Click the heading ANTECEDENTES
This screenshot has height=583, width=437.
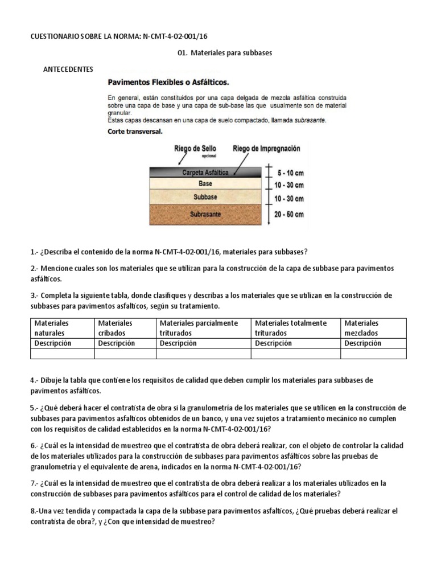coord(68,69)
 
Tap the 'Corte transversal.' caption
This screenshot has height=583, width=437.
coord(135,131)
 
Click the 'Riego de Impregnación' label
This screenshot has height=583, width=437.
coord(266,149)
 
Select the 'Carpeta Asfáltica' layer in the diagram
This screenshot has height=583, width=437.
coord(205,173)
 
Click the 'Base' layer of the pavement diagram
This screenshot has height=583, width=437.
coord(205,184)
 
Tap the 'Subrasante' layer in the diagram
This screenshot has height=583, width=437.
coord(205,215)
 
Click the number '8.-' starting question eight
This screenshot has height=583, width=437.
coord(36,511)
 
